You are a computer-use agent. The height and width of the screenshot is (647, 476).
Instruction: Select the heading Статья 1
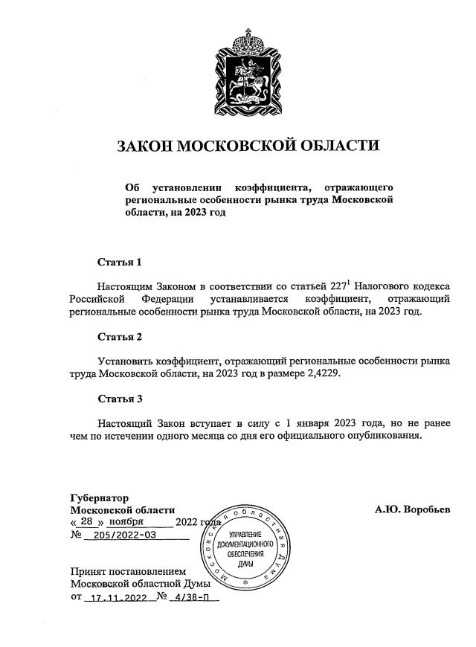coord(119,262)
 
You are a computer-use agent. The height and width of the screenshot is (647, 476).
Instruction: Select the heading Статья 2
coord(119,336)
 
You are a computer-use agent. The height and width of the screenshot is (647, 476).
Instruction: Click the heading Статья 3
coord(119,399)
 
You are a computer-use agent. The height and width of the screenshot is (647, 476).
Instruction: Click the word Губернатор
coord(99,498)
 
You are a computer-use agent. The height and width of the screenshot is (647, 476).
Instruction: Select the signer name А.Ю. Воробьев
coord(413,510)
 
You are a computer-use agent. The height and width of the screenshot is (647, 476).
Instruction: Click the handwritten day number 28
coord(84,521)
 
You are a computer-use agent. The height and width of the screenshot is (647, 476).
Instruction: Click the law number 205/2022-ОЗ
coord(120,535)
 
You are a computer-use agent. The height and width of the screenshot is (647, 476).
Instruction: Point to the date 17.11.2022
coord(115,596)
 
